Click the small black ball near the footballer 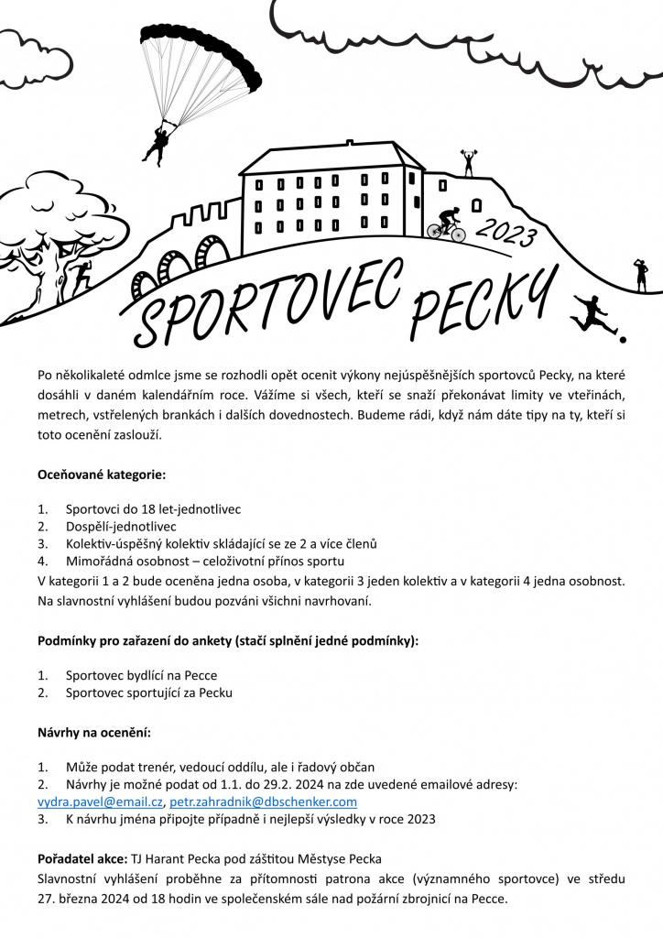(x=624, y=338)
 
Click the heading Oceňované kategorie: (x=102, y=475)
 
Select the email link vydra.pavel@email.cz (x=100, y=802)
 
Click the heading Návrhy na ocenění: (x=94, y=733)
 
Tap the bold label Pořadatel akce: (x=82, y=859)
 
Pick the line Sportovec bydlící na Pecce (x=141, y=675)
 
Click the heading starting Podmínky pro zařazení (x=228, y=640)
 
